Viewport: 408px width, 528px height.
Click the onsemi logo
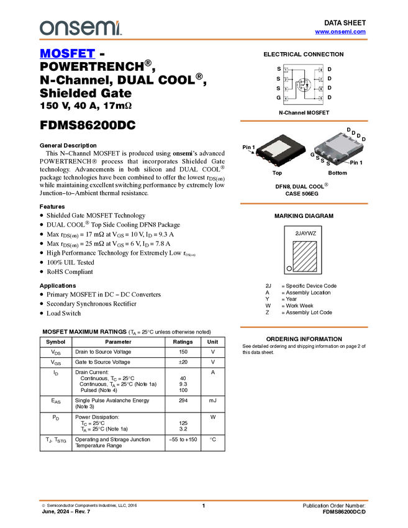(x=80, y=28)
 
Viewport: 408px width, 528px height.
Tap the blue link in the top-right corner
(x=340, y=32)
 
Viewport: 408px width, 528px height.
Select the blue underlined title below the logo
(x=67, y=54)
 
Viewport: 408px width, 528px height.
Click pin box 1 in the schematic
(x=286, y=70)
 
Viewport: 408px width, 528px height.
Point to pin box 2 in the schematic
(x=286, y=80)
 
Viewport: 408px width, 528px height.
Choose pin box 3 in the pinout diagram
(x=286, y=89)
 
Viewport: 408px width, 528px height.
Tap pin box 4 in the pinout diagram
(x=286, y=99)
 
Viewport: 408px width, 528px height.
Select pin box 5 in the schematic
(x=320, y=99)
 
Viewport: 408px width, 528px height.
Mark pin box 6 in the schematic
(x=320, y=89)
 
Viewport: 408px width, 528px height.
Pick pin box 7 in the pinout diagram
(x=320, y=80)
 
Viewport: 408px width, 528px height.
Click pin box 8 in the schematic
(x=320, y=70)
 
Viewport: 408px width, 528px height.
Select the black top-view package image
(x=281, y=150)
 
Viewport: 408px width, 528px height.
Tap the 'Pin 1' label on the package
(x=356, y=163)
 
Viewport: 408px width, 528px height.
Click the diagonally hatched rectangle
(x=305, y=256)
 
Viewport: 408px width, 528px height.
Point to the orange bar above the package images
(x=304, y=121)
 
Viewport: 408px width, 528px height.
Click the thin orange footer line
(x=203, y=500)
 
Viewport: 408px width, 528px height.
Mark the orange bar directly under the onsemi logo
(x=203, y=40)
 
